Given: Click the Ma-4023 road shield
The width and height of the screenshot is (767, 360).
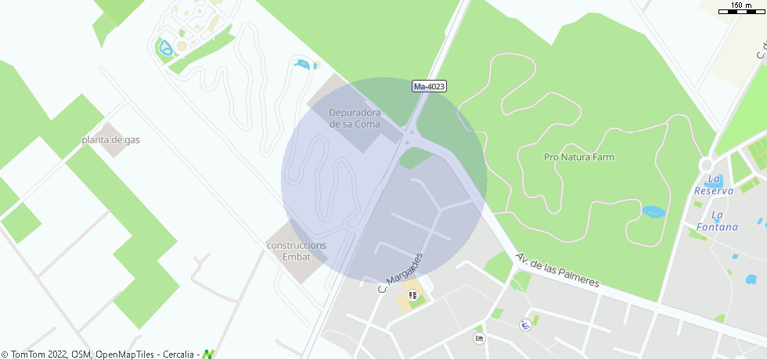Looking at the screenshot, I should tap(429, 87).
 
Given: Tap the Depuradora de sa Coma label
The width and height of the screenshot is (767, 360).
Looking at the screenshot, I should tap(355, 118).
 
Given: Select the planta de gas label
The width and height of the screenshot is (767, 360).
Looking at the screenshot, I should tap(110, 140).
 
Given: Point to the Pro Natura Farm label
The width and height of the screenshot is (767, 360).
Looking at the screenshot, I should tap(579, 157).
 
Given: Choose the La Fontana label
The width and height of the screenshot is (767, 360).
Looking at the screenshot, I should tap(724, 221).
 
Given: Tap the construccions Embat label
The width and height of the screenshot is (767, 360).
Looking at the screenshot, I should tap(297, 250).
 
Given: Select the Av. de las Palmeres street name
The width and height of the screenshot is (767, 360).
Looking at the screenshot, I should tap(557, 270).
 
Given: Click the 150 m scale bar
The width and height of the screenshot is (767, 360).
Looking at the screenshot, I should tap(740, 8).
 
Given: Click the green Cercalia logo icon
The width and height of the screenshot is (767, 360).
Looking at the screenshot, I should tap(208, 355).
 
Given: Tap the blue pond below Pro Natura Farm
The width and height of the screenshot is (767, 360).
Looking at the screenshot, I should tap(652, 211).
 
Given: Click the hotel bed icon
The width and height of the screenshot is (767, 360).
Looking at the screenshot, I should tap(479, 338).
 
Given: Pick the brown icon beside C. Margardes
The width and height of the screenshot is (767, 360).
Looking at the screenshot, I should tap(412, 296).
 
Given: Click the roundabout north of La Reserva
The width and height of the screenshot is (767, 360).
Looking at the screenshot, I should tap(707, 165).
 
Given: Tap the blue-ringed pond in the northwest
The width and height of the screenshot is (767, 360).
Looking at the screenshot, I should tap(165, 49).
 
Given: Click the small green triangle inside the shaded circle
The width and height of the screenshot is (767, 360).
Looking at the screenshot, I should tap(414, 157).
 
